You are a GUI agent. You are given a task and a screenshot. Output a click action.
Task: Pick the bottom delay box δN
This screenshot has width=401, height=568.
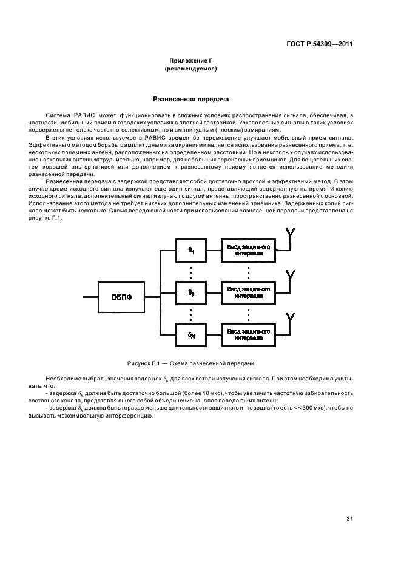[x=191, y=334]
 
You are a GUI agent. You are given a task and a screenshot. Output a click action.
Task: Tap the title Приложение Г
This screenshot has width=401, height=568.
[x=191, y=61]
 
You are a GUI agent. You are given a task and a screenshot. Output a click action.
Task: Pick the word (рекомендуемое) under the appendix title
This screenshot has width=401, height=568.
[x=191, y=69]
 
